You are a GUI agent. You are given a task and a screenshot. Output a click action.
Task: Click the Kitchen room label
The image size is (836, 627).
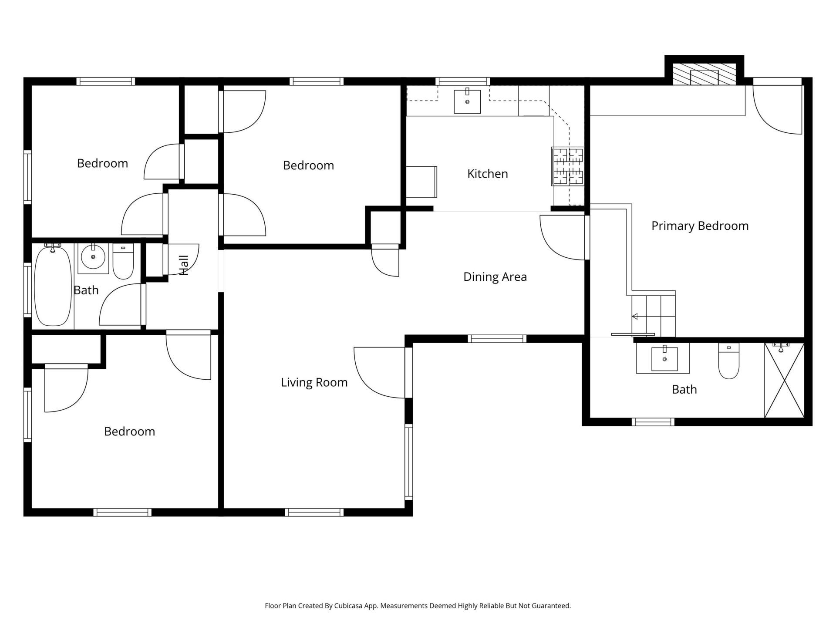pyautogui.click(x=487, y=174)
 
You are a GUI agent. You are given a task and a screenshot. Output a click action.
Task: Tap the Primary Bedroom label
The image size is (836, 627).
pyautogui.click(x=700, y=226)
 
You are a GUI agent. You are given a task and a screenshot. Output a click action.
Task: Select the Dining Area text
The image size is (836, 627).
pyautogui.click(x=495, y=277)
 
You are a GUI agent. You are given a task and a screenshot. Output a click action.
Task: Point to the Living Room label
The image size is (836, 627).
pyautogui.click(x=314, y=382)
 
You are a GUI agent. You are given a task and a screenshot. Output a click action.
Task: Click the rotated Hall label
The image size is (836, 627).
pyautogui.click(x=184, y=265)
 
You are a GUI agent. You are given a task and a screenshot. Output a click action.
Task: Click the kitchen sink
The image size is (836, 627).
pyautogui.click(x=467, y=101)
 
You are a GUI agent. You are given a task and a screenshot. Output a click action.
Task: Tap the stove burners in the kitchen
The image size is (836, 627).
pyautogui.click(x=568, y=166)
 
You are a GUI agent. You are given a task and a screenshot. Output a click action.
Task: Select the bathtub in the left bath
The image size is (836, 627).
pyautogui.click(x=53, y=285)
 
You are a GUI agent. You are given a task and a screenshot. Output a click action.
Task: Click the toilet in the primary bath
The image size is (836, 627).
pyautogui.click(x=729, y=361)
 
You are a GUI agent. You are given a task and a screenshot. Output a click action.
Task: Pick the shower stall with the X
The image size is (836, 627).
pyautogui.click(x=784, y=380)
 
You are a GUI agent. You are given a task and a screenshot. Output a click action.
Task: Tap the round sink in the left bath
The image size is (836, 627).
pyautogui.click(x=93, y=256)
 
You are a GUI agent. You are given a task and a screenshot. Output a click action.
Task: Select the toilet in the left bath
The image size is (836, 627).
pyautogui.click(x=123, y=261)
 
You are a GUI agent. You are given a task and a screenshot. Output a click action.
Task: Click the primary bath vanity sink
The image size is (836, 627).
pyautogui.click(x=664, y=359)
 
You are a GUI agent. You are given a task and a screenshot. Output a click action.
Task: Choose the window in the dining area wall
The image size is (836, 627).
pyautogui.click(x=497, y=339)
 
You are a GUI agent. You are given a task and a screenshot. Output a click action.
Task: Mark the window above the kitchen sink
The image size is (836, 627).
pyautogui.click(x=463, y=81)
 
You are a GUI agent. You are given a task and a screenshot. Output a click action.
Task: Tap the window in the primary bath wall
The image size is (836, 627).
pyautogui.click(x=653, y=422)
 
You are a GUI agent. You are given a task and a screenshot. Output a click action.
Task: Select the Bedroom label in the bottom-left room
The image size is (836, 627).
pyautogui.click(x=130, y=431)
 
